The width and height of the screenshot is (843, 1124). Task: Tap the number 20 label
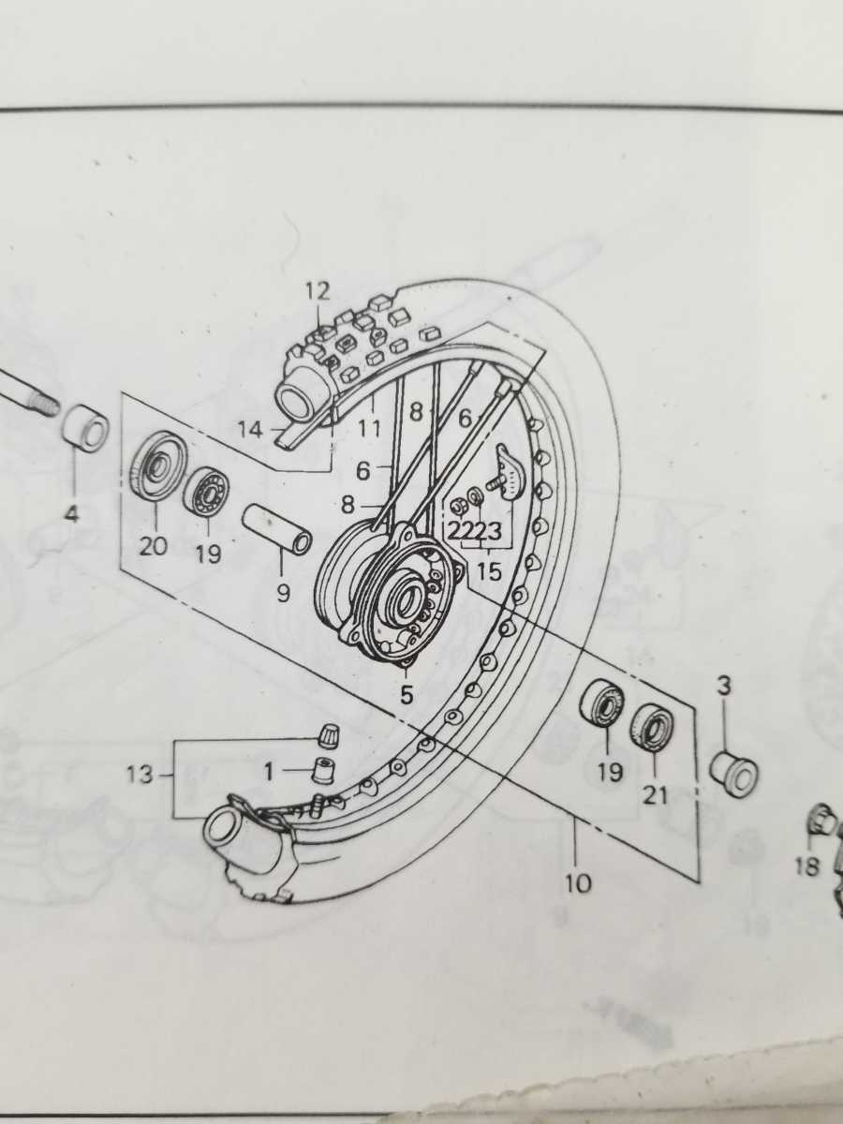click(153, 546)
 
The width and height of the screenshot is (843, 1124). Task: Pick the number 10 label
click(579, 881)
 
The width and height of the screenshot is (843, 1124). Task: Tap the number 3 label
click(723, 687)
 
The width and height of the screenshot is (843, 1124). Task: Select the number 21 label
click(656, 796)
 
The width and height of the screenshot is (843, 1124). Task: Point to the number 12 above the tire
click(318, 291)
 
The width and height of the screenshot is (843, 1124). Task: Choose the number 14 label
click(250, 431)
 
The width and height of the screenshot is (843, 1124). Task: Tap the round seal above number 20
click(157, 466)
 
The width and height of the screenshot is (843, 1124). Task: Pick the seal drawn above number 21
click(653, 728)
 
